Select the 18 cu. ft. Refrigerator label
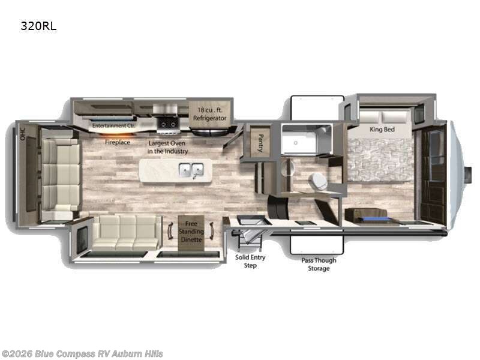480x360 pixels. [x=209, y=114]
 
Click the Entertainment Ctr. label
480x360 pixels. [x=114, y=125]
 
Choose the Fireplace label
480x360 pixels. [x=117, y=143]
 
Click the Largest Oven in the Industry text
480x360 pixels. [x=167, y=148]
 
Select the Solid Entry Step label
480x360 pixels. [x=250, y=261]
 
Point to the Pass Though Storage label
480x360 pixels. [x=319, y=264]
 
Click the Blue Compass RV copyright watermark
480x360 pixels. [x=82, y=353]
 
